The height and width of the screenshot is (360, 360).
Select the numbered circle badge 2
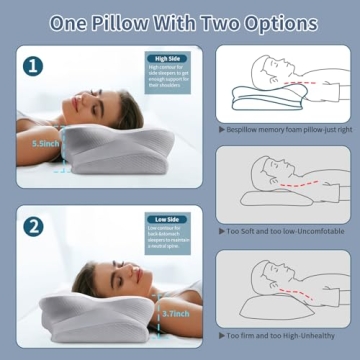coord(34,227)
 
